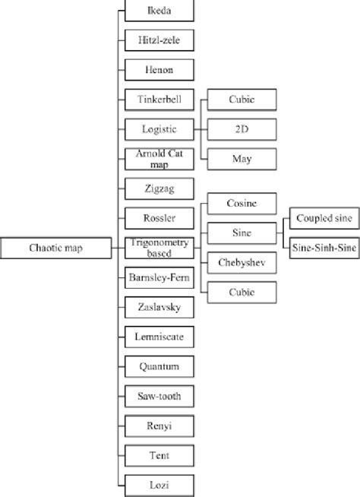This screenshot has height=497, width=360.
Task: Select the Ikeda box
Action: [x=159, y=11]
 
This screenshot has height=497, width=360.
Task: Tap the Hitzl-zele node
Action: [x=159, y=40]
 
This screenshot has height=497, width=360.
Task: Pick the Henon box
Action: [x=159, y=70]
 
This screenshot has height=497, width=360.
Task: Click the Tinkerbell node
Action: [x=159, y=100]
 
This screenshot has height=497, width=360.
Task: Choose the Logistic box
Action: [x=159, y=129]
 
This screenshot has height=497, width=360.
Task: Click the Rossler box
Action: [x=159, y=218]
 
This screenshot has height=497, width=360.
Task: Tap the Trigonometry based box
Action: [x=159, y=248]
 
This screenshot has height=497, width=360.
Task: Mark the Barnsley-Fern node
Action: [x=159, y=277]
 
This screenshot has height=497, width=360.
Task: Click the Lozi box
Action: [x=159, y=485]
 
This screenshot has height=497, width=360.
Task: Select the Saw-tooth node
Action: [x=159, y=396]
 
